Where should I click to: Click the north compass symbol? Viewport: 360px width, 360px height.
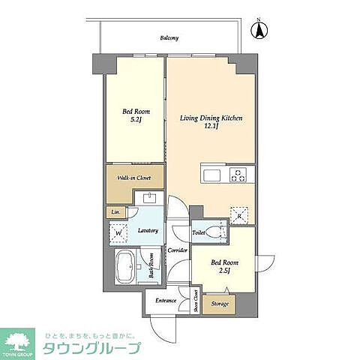[x=261, y=31]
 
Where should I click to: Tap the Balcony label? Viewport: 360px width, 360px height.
[x=169, y=37]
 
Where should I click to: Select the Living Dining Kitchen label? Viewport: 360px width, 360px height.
[x=210, y=122]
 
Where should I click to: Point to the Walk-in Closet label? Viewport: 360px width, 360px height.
[x=133, y=178]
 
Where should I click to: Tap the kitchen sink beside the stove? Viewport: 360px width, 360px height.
[x=211, y=175]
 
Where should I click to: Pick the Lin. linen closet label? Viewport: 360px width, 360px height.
[x=115, y=212]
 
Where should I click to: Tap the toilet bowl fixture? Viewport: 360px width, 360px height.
[x=216, y=233]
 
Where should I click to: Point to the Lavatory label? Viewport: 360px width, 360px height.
[x=147, y=230]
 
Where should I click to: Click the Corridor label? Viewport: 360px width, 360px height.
[x=177, y=250]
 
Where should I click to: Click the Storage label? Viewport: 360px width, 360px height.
[x=220, y=304]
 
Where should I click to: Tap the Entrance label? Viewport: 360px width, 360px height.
[x=166, y=301]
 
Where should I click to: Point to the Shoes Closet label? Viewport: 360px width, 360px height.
[x=196, y=301]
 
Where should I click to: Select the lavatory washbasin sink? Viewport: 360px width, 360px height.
[x=148, y=198]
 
